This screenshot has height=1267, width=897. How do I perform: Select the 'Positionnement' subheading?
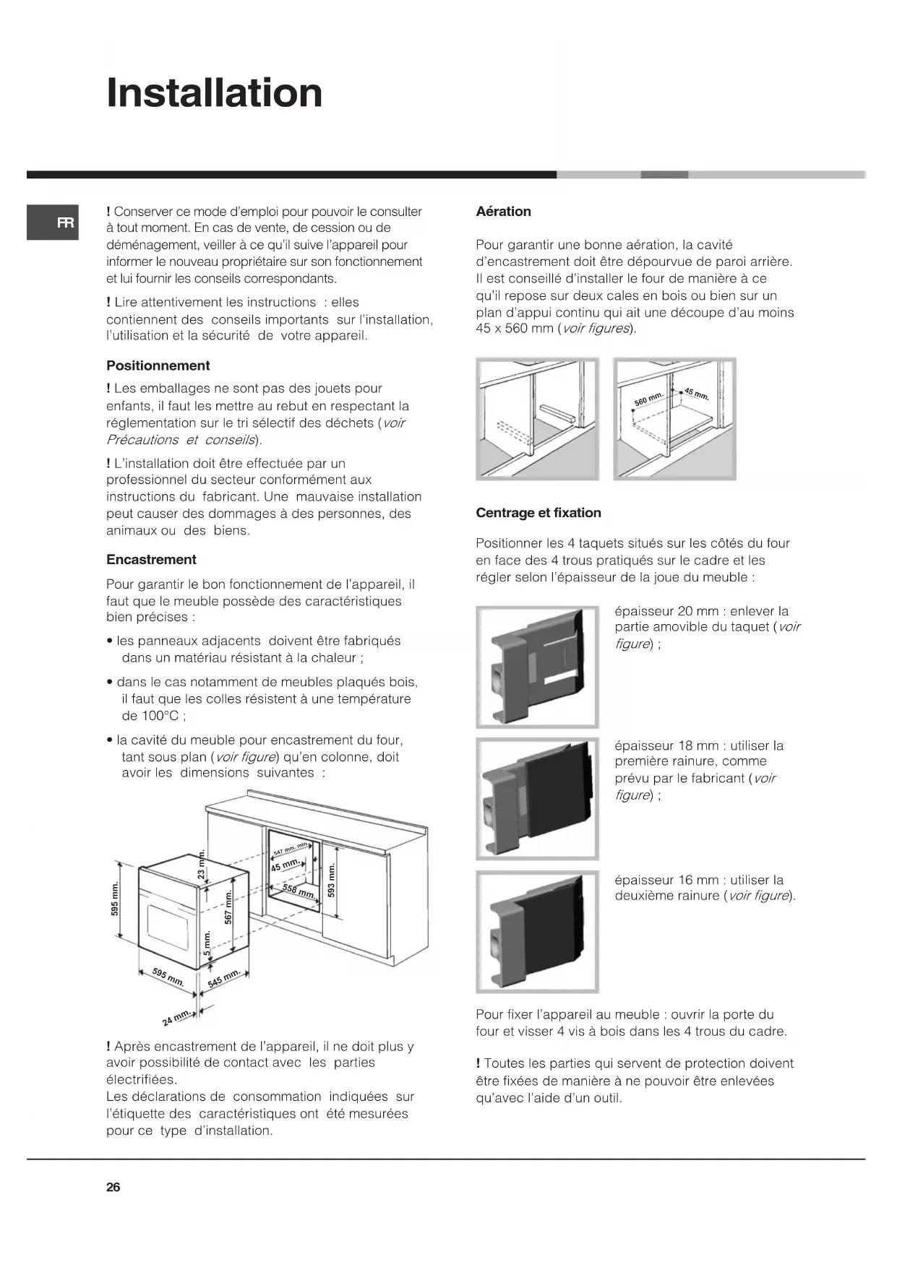[x=158, y=366]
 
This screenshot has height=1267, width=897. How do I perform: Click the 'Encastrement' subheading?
[x=151, y=560]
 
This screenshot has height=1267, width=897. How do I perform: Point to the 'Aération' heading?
[x=503, y=212]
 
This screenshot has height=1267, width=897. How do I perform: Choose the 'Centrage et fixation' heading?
[x=538, y=513]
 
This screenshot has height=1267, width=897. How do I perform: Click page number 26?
[x=113, y=1187]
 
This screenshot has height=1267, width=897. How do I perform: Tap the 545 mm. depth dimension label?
[x=223, y=980]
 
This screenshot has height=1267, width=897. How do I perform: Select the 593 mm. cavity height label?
[x=332, y=880]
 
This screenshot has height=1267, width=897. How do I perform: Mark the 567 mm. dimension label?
[x=228, y=907]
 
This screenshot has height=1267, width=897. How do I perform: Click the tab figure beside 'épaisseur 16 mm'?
[x=537, y=932]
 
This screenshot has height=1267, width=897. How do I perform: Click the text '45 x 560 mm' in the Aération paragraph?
[x=514, y=329]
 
